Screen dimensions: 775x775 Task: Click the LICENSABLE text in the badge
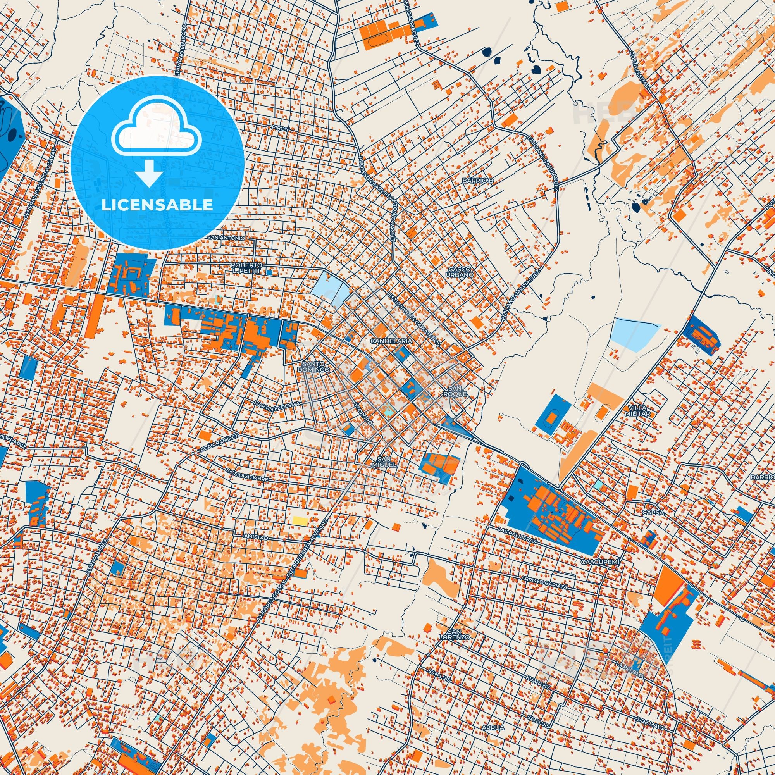(x=157, y=205)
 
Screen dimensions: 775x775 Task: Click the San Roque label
(x=457, y=391)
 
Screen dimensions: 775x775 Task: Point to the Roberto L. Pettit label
(x=246, y=269)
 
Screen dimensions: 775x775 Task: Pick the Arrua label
(x=493, y=716)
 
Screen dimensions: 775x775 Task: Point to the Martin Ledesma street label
(x=276, y=407)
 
